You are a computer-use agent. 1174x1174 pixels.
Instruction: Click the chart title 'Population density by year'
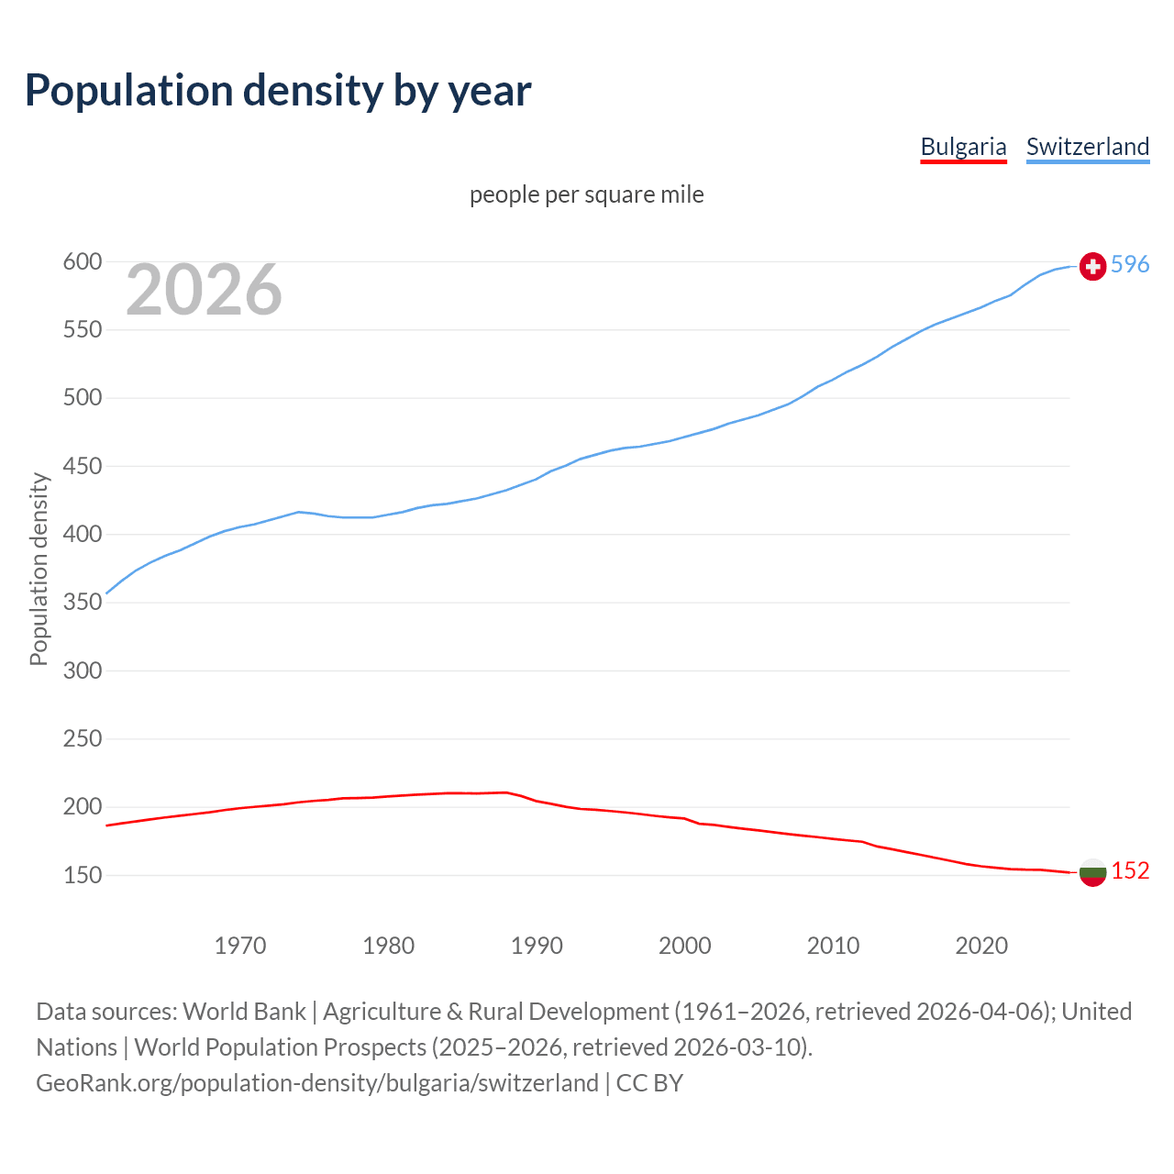coord(278,90)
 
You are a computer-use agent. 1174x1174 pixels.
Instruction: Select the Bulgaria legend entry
coord(963,147)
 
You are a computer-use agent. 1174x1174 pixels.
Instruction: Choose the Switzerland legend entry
coord(1087,147)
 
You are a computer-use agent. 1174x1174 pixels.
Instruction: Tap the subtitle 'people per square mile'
coord(586,194)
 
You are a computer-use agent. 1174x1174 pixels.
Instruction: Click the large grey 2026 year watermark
coord(204,290)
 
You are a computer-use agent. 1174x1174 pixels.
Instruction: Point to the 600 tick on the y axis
coord(82,262)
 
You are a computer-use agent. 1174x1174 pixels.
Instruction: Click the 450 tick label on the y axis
coord(82,467)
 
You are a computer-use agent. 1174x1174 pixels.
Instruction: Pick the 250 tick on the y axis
coord(82,739)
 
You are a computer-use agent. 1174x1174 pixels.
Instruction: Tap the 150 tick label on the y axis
coord(82,876)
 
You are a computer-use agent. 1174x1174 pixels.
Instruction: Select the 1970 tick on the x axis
coord(240,946)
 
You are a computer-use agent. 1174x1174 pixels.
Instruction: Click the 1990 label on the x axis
coord(537,946)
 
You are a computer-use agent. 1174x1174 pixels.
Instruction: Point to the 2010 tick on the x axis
coord(833,946)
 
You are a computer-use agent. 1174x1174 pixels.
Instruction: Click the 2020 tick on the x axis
coord(981,946)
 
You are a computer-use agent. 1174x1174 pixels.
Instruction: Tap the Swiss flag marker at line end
coord(1092,266)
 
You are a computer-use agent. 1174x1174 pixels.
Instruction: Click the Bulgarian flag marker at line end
coord(1092,872)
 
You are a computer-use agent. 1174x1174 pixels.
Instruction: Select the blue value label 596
coord(1130,264)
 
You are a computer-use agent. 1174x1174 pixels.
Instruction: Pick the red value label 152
coord(1130,870)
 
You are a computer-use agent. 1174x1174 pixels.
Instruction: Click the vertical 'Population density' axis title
coord(39,569)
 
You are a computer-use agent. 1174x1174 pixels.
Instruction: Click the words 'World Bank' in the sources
coord(244,1012)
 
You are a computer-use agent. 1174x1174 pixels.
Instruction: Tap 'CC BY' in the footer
coord(649,1083)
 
